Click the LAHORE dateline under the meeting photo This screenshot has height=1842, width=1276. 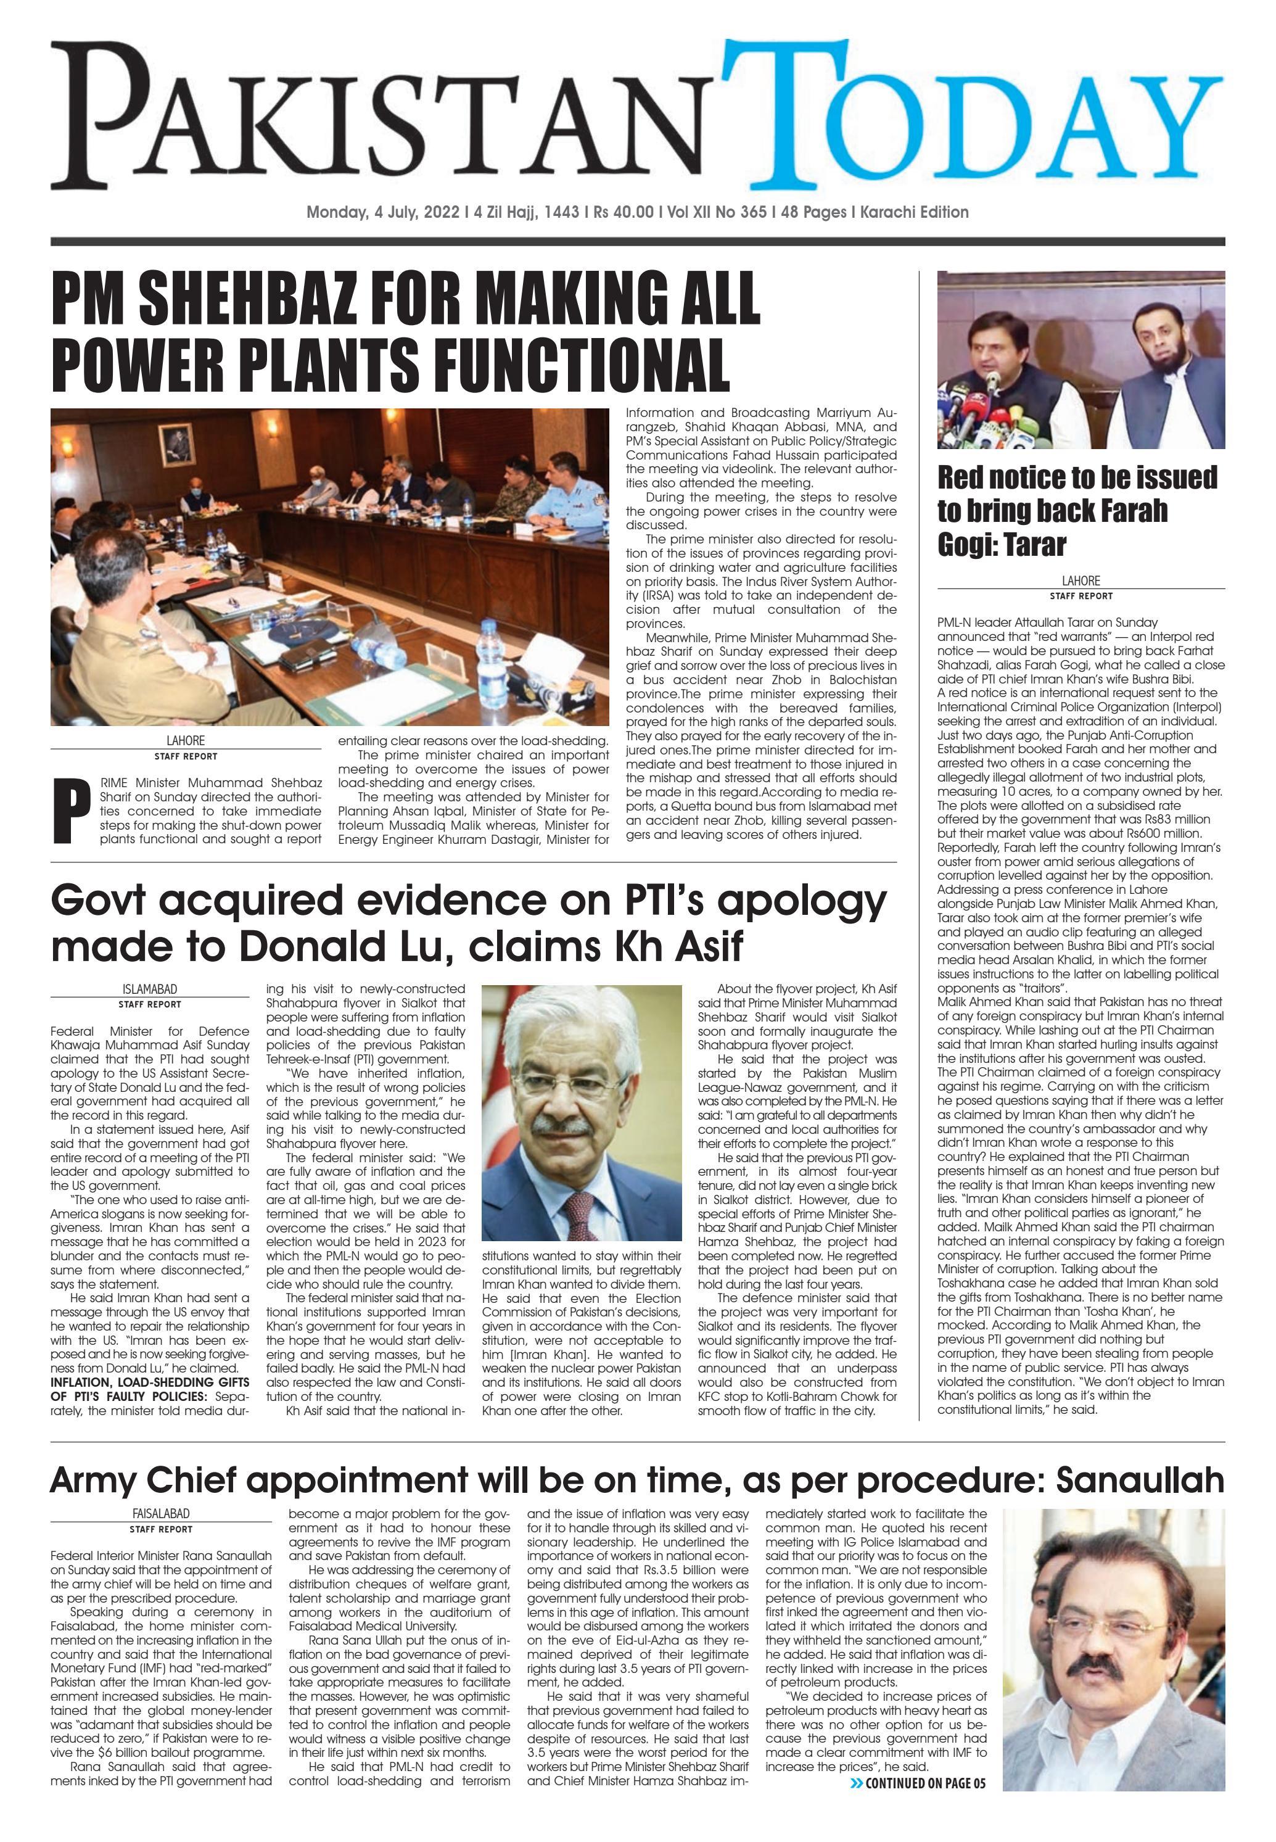(186, 740)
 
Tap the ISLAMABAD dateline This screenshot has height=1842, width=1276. (150, 989)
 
